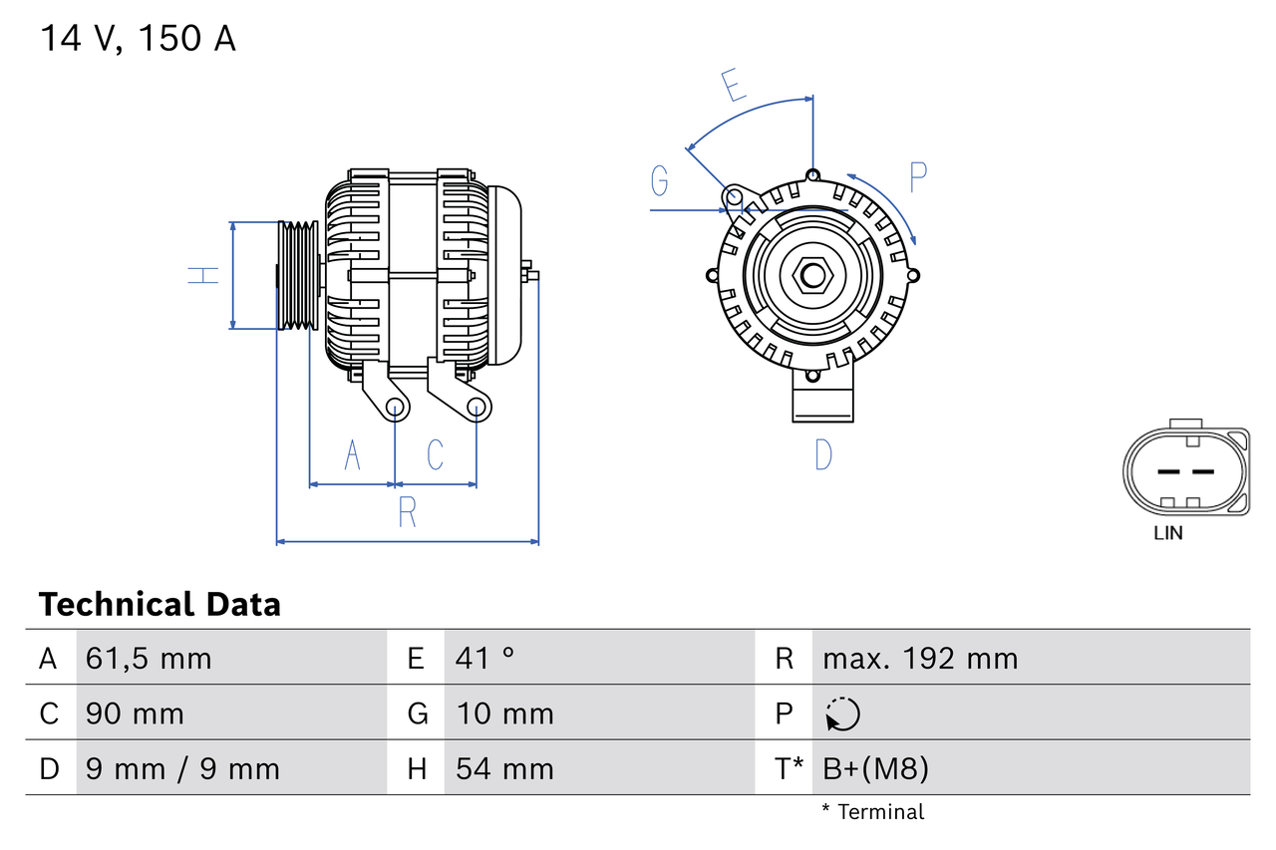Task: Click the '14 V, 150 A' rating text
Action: coord(138,39)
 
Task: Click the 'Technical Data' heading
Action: coord(159,604)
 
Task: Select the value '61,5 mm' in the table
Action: coord(149,659)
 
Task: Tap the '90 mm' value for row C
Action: coord(135,714)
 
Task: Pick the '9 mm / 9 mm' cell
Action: coord(182,768)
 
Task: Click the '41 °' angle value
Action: coord(485,659)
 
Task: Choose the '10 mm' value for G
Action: coord(504,714)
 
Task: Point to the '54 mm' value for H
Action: coord(503,768)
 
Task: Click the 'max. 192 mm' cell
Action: coord(920,659)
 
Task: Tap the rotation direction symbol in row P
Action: coord(842,713)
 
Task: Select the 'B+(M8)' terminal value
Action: coord(875,768)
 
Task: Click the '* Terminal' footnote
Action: coord(872,812)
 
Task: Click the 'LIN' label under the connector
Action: coord(1168,533)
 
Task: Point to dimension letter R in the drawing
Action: coord(407,512)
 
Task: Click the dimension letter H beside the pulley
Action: coord(204,274)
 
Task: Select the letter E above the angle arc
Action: coord(734,86)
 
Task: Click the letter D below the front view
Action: coord(822,454)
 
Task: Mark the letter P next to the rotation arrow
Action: coord(917,176)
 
